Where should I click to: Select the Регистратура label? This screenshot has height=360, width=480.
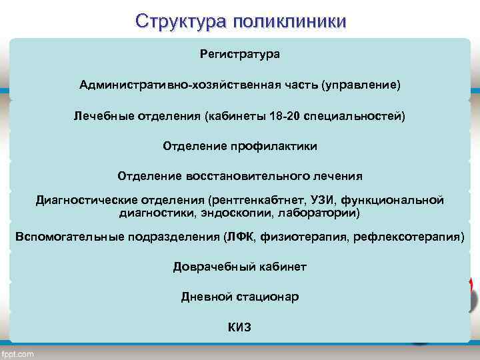pos(240,53)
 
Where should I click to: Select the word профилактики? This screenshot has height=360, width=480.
pos(278,145)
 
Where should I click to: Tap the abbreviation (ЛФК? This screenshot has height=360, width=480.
pos(241,237)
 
